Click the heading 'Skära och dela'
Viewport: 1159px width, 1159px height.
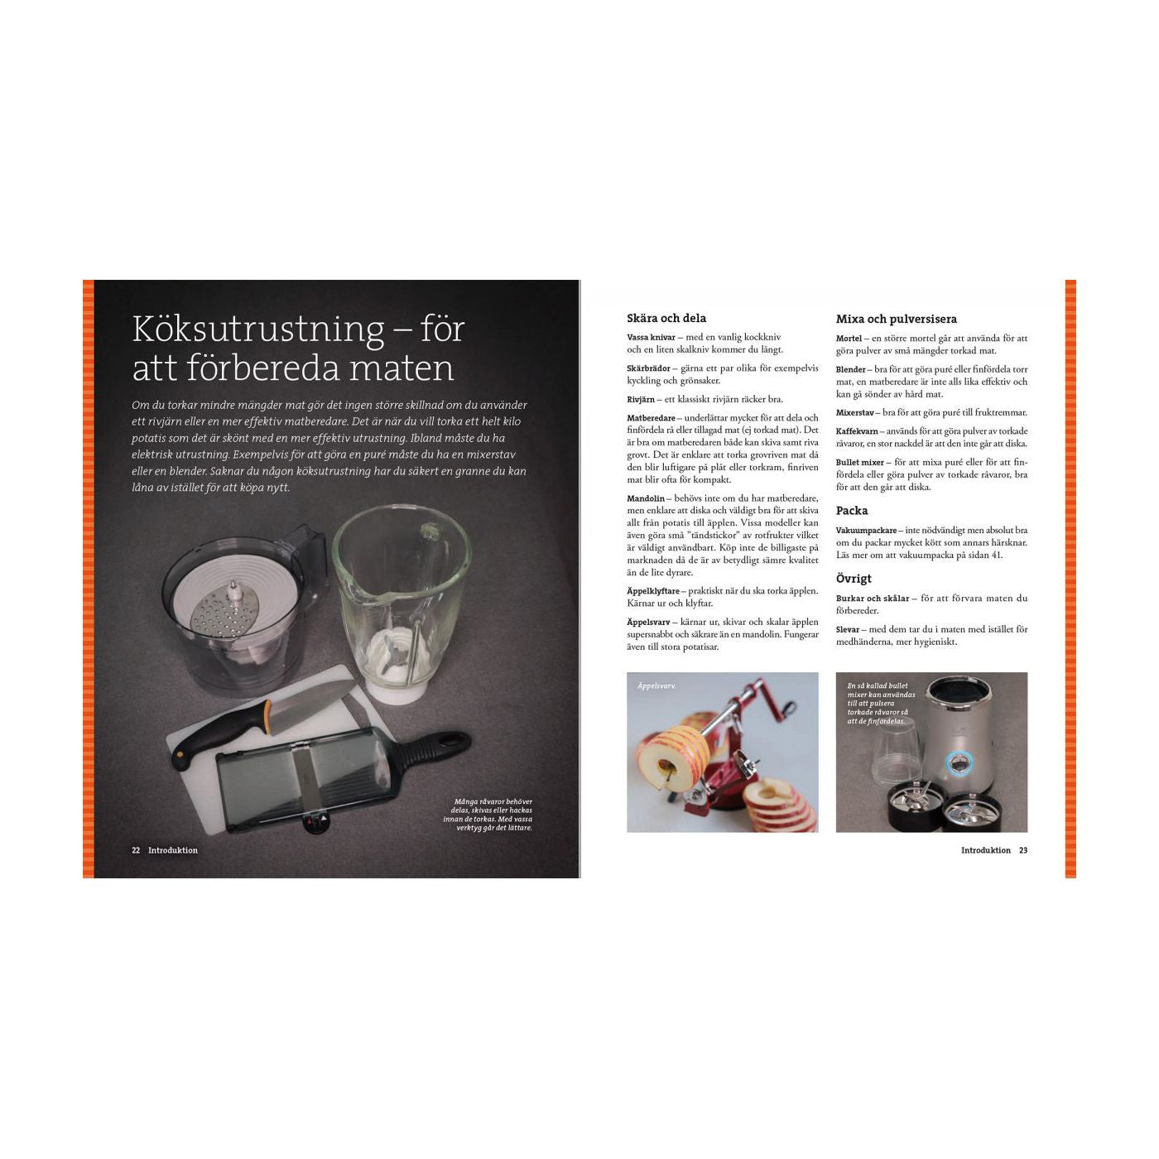(666, 318)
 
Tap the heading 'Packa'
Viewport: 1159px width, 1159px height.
(852, 511)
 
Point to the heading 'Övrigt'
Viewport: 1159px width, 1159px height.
(854, 579)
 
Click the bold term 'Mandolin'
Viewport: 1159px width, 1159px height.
(646, 498)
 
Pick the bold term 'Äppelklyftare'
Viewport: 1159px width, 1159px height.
(653, 590)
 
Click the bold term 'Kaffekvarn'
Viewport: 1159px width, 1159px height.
(857, 431)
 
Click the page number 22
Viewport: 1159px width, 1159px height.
(136, 850)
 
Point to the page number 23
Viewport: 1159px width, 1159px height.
(1023, 850)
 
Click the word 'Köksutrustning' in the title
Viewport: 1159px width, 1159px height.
(258, 329)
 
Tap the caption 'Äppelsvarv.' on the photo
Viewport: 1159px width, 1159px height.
(656, 685)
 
